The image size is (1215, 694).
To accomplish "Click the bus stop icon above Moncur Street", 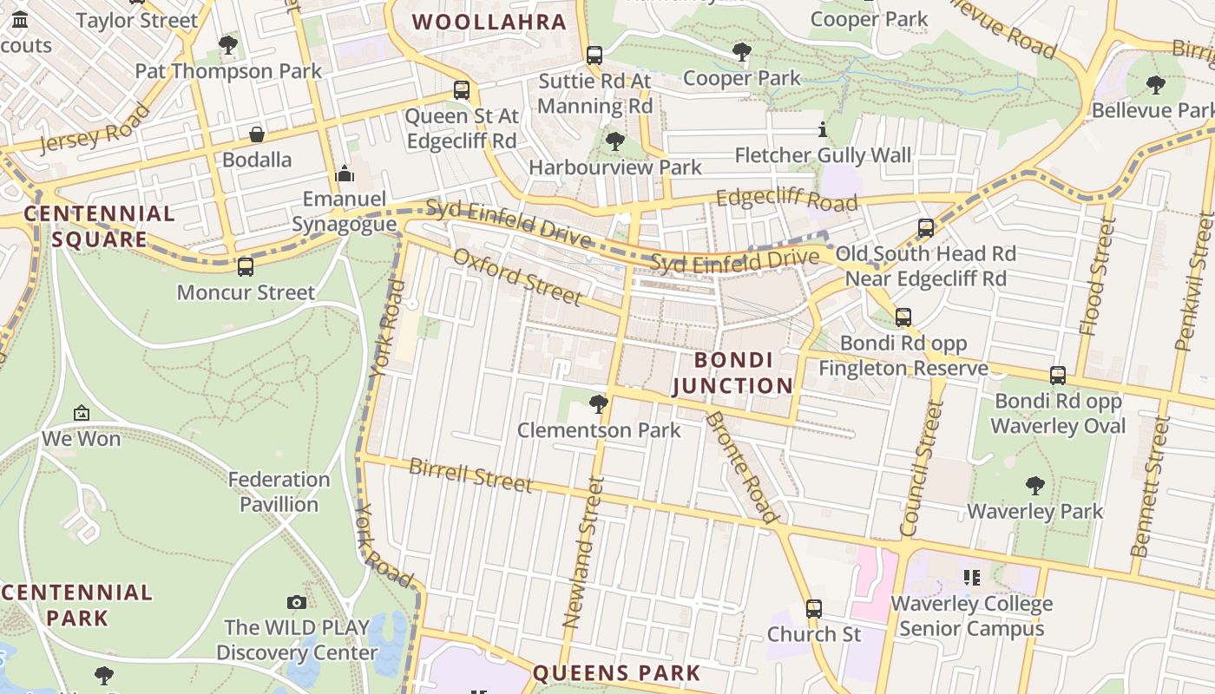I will click(246, 266).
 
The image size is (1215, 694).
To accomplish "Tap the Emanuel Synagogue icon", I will click(345, 174).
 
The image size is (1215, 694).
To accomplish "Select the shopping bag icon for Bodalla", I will click(257, 134).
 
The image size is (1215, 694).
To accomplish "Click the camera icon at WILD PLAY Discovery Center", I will click(297, 602).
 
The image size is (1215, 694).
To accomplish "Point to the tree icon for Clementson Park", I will click(598, 403).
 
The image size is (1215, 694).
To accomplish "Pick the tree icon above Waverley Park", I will click(1034, 485).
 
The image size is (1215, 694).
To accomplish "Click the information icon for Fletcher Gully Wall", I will click(823, 130).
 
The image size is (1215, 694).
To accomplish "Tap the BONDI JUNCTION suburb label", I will click(733, 373).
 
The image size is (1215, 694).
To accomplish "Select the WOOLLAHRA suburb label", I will click(489, 23).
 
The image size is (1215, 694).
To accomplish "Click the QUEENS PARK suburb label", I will click(616, 673).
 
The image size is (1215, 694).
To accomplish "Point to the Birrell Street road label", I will click(470, 476).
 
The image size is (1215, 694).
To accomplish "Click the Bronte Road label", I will click(741, 467).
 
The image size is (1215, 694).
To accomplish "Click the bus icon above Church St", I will click(813, 609).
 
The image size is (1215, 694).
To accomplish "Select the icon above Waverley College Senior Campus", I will click(971, 577).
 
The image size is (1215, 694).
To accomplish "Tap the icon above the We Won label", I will click(82, 413).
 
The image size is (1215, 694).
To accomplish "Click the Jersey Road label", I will click(94, 129).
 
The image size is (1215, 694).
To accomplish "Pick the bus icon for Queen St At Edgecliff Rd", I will click(462, 89).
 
